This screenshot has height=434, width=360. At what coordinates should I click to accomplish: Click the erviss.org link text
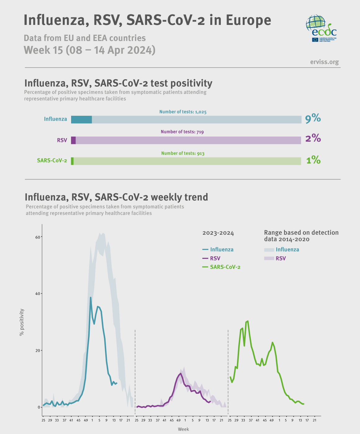click(x=324, y=62)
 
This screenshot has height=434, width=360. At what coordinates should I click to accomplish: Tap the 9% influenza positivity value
click(x=313, y=119)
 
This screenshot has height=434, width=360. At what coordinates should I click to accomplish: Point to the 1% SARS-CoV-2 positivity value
click(x=313, y=160)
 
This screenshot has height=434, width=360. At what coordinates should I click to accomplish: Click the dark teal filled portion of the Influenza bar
click(x=81, y=120)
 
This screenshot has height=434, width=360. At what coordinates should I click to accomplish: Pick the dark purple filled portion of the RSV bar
click(x=73, y=140)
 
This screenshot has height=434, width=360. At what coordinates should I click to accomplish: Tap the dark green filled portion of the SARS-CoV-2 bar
click(x=72, y=161)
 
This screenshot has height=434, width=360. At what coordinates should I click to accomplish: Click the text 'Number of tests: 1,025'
click(x=183, y=112)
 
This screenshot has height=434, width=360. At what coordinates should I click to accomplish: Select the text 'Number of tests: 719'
click(x=182, y=132)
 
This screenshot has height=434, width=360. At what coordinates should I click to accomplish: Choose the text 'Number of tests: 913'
click(x=182, y=153)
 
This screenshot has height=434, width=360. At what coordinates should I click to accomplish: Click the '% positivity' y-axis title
click(x=22, y=322)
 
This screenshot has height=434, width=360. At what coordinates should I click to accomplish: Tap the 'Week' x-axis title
click(x=183, y=429)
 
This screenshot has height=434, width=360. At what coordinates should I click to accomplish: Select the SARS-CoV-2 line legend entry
click(x=221, y=267)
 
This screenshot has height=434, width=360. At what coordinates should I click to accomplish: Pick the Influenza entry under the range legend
click(x=281, y=250)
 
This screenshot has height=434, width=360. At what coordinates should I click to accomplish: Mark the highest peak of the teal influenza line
click(x=91, y=297)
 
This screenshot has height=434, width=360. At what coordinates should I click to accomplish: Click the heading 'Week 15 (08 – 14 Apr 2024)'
click(x=89, y=50)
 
